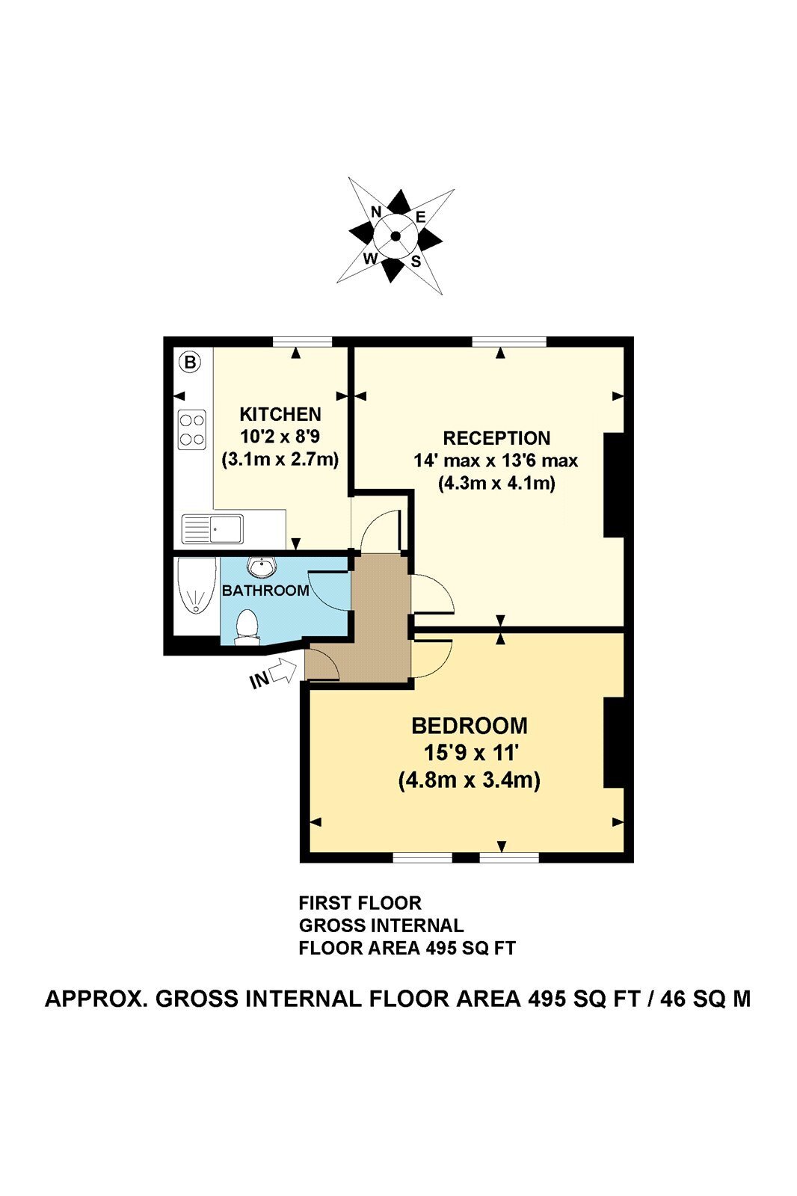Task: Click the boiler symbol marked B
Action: pos(191,362)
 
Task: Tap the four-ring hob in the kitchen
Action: pos(191,430)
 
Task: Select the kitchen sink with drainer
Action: pos(212,528)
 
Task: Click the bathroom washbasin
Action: pos(262,567)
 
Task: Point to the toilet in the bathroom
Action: pos(247,627)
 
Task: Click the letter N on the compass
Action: pos(376,212)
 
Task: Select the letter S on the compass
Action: pos(416,261)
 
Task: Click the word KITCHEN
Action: pos(280,414)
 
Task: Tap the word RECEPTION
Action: pos(496,438)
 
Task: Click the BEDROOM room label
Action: pos(470,726)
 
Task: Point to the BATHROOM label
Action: pos(265,590)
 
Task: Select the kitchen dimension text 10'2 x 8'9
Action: pos(280,437)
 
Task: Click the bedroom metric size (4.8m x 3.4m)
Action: pos(470,780)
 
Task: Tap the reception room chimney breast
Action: pos(614,485)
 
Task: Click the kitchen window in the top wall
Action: pos(302,342)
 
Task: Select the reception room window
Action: pos(510,342)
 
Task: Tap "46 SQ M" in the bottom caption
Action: pos(706,998)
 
